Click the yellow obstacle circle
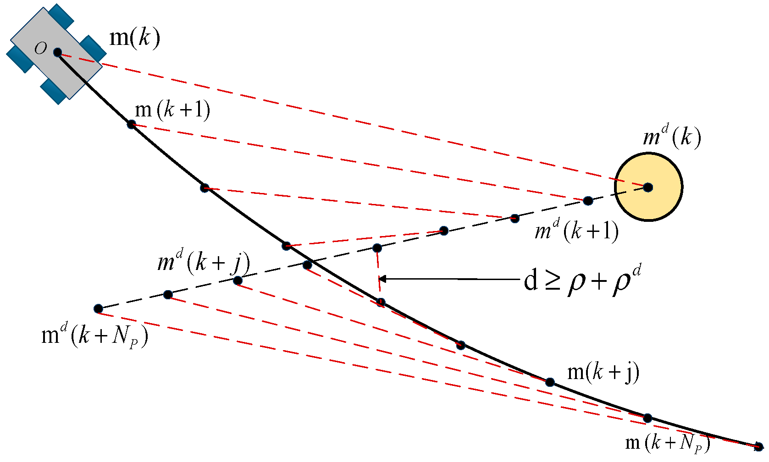pyautogui.click(x=660, y=202)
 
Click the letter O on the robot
pyautogui.click(x=41, y=48)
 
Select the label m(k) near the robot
pyautogui.click(x=135, y=37)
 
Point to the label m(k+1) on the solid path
pyautogui.click(x=172, y=110)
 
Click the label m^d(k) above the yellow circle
pyautogui.click(x=672, y=136)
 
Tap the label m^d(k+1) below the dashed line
pyautogui.click(x=576, y=230)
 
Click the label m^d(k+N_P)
pyautogui.click(x=94, y=336)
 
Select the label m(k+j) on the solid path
pyautogui.click(x=603, y=372)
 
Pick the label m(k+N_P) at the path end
pyautogui.click(x=668, y=443)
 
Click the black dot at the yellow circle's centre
pyautogui.click(x=647, y=187)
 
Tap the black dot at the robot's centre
pyautogui.click(x=57, y=52)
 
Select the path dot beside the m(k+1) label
pyautogui.click(x=131, y=124)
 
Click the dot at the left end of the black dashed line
pyautogui.click(x=98, y=308)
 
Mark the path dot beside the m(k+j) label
pyautogui.click(x=550, y=382)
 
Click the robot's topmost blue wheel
pyautogui.click(x=61, y=16)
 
